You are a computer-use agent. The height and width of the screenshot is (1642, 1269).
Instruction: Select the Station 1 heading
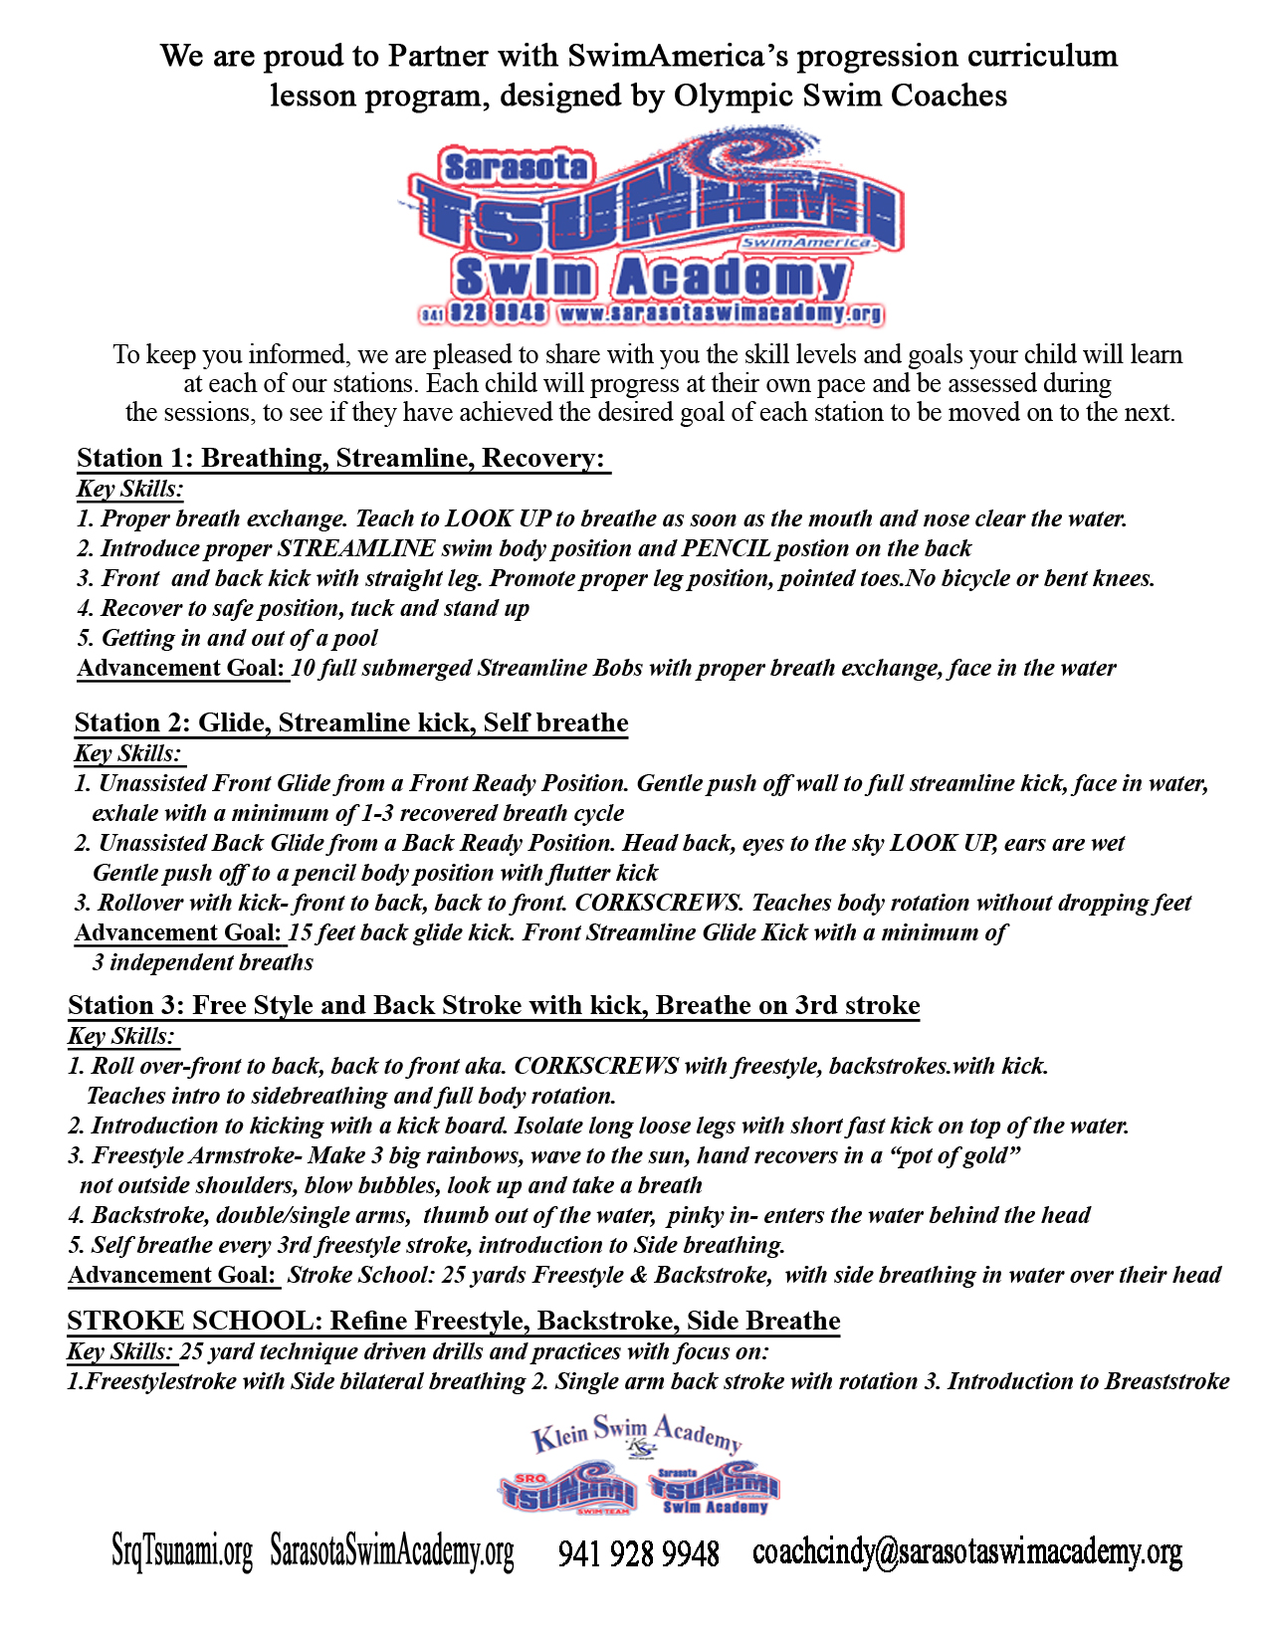(x=341, y=458)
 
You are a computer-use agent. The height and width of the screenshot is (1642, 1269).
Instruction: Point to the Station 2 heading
(x=351, y=722)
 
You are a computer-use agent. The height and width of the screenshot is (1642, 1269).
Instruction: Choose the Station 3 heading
(x=494, y=1005)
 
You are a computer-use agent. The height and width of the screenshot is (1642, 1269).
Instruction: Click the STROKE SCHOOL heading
(x=454, y=1321)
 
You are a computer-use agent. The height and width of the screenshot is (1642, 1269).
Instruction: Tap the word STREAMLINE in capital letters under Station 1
(x=356, y=548)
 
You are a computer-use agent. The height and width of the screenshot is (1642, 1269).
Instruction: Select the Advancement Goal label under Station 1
(x=181, y=668)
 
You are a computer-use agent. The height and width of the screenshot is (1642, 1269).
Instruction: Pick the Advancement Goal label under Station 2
(x=178, y=932)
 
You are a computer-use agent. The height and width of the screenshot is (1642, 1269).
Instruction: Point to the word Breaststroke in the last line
(x=1167, y=1381)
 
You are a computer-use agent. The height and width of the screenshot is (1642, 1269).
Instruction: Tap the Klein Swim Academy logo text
(x=637, y=1434)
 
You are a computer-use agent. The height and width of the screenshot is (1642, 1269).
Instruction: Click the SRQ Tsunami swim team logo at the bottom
(x=567, y=1491)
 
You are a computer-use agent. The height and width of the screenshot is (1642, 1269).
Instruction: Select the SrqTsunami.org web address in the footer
(x=182, y=1552)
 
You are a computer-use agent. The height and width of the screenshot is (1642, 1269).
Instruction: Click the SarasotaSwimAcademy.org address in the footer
(x=392, y=1552)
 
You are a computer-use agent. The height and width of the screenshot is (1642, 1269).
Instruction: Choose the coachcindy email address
(x=967, y=1552)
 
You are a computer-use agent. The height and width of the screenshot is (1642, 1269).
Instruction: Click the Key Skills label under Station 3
(x=121, y=1036)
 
